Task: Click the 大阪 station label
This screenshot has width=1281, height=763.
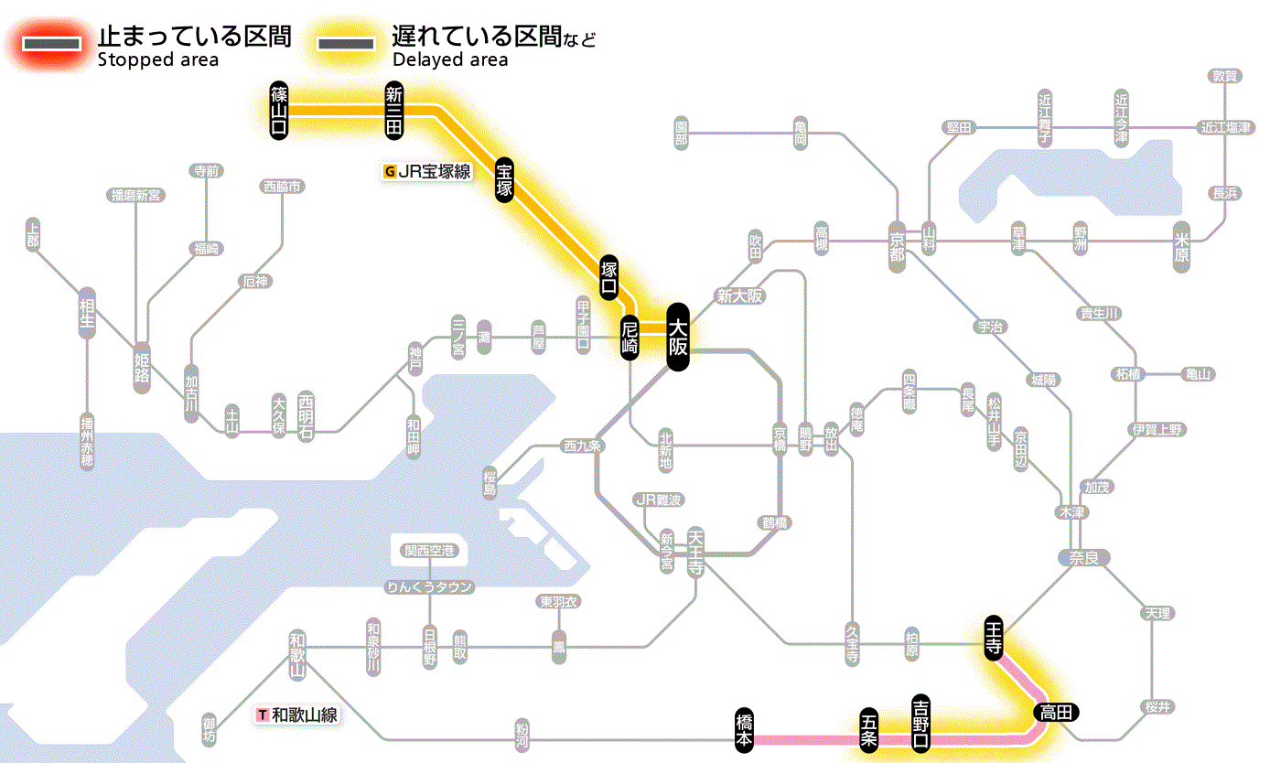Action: [677, 337]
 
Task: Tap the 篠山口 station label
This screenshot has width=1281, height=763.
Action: [279, 111]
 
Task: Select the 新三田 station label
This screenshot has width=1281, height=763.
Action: [393, 111]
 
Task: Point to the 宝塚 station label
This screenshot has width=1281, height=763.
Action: [504, 179]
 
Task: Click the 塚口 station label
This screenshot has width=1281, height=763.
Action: [608, 279]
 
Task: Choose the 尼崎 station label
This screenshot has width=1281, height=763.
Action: [630, 338]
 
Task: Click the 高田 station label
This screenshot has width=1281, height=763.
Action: [1057, 712]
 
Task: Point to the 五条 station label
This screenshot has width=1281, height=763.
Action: [869, 729]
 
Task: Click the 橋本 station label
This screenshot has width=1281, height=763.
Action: [745, 730]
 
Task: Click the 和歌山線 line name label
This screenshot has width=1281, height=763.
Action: [298, 715]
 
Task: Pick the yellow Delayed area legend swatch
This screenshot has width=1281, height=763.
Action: [345, 44]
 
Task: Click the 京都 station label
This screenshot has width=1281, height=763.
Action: [897, 245]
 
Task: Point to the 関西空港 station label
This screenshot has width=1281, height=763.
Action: [430, 551]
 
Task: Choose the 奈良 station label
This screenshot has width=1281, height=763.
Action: [1083, 557]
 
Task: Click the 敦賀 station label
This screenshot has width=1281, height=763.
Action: [1225, 76]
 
